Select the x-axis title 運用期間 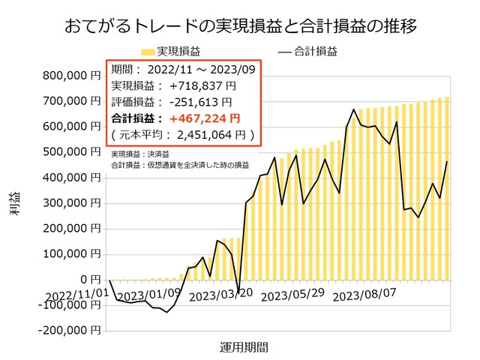pos(244,347)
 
